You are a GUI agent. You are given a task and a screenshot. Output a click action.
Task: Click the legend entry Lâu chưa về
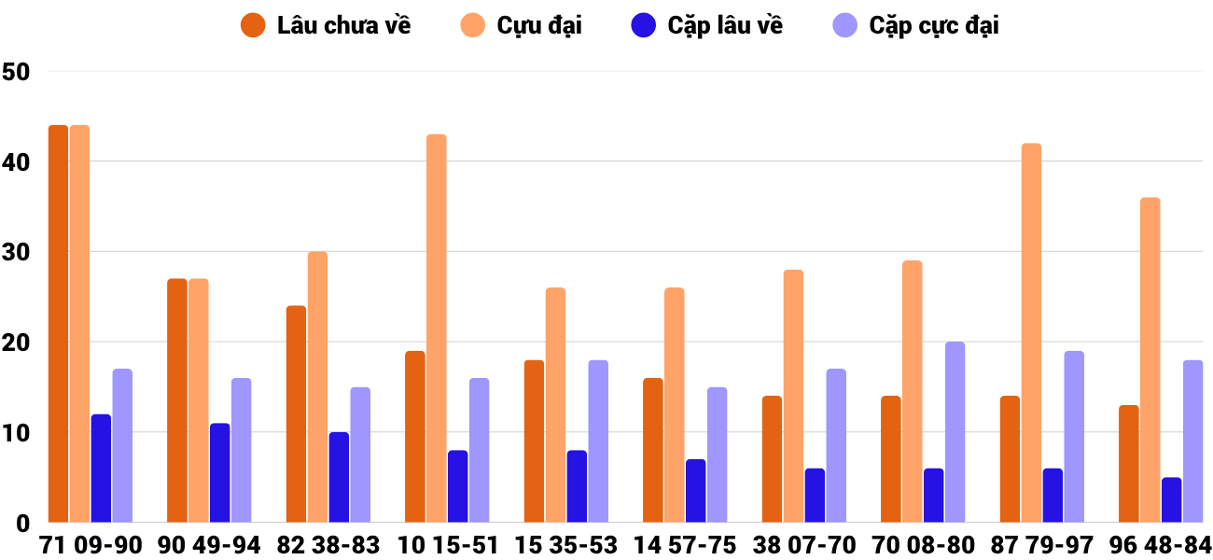pos(327,25)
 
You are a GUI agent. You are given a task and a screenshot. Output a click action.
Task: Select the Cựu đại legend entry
pos(523,25)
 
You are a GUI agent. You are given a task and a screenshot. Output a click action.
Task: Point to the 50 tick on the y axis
pos(17,72)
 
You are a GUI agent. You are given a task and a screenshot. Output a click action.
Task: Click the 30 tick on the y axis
pos(17,253)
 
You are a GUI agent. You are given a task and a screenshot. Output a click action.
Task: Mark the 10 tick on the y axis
pos(17,433)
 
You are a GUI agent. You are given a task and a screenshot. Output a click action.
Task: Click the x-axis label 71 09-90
pos(91,545)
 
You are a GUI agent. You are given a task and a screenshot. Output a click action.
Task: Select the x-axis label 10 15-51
pos(448,545)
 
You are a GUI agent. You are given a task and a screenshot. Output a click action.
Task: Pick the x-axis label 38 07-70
pos(804,545)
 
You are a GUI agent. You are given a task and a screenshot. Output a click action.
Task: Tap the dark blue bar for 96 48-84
pos(1172,500)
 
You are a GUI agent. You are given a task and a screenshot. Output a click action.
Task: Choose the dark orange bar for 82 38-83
pos(296,414)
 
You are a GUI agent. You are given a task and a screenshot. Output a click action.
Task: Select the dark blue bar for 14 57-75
pos(696,491)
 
